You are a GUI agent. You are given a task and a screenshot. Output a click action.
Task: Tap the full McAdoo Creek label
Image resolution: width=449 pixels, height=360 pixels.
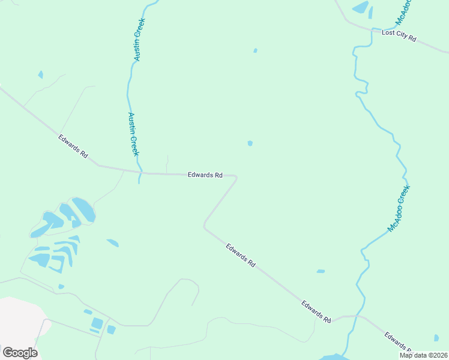(399, 209)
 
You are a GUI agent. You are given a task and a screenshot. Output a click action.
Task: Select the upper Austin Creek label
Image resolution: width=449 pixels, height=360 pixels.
(139, 39)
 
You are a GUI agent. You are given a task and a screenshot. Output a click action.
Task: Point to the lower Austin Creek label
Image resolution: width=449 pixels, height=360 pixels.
(133, 134)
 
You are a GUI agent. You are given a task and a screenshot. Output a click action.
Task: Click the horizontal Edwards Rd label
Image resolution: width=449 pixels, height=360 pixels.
(205, 175)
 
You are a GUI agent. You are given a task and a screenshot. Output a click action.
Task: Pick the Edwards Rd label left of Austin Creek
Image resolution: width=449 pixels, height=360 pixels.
(73, 146)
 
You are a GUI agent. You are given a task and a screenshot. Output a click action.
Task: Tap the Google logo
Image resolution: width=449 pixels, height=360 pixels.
(20, 352)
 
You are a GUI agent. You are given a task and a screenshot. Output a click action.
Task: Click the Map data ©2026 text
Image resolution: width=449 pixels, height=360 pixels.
(423, 355)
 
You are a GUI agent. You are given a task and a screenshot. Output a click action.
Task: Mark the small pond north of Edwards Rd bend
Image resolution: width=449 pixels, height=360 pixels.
(250, 143)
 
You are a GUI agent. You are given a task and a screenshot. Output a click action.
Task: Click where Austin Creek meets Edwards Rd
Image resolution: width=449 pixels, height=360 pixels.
(140, 173)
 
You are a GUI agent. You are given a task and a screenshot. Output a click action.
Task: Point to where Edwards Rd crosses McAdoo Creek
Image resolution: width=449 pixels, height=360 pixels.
(357, 316)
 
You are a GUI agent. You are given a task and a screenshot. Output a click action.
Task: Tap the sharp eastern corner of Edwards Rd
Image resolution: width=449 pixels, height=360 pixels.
(236, 177)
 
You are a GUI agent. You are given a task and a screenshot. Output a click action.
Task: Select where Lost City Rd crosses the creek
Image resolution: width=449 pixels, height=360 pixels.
(376, 29)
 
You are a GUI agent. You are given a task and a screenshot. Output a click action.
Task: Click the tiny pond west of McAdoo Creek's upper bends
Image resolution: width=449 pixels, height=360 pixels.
(255, 50)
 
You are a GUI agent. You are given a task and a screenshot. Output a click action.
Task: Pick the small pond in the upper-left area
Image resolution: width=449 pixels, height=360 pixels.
(40, 75)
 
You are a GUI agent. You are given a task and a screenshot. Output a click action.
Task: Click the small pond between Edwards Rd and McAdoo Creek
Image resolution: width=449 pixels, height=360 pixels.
(321, 271)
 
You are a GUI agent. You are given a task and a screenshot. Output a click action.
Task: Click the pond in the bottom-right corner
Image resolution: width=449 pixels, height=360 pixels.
(436, 338)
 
